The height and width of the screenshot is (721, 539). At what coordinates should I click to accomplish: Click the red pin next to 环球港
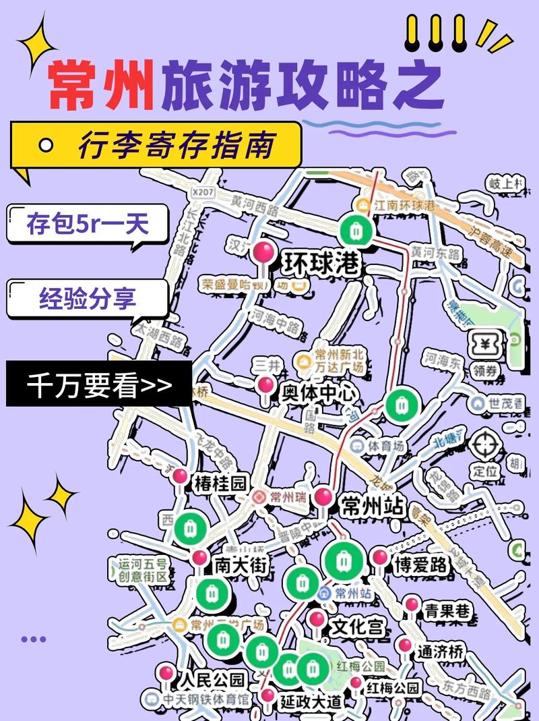[263, 254]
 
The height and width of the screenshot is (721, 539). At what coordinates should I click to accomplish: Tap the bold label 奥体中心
[319, 394]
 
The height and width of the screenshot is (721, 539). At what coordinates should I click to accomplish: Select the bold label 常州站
[373, 506]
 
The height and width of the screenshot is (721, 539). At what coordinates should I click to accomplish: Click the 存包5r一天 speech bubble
[88, 223]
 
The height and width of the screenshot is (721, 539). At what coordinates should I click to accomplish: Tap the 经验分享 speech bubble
[88, 297]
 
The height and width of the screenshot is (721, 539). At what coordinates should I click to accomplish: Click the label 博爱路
[421, 565]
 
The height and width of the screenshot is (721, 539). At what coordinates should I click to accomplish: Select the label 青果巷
[447, 611]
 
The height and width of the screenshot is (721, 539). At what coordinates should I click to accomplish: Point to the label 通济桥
[440, 652]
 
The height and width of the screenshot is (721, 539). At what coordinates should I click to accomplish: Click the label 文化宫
[358, 627]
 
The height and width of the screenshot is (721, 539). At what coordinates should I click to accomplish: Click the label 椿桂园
[222, 483]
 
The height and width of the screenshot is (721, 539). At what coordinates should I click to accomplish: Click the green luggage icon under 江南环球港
[353, 229]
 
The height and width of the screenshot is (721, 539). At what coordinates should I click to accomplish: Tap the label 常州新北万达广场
[340, 362]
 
